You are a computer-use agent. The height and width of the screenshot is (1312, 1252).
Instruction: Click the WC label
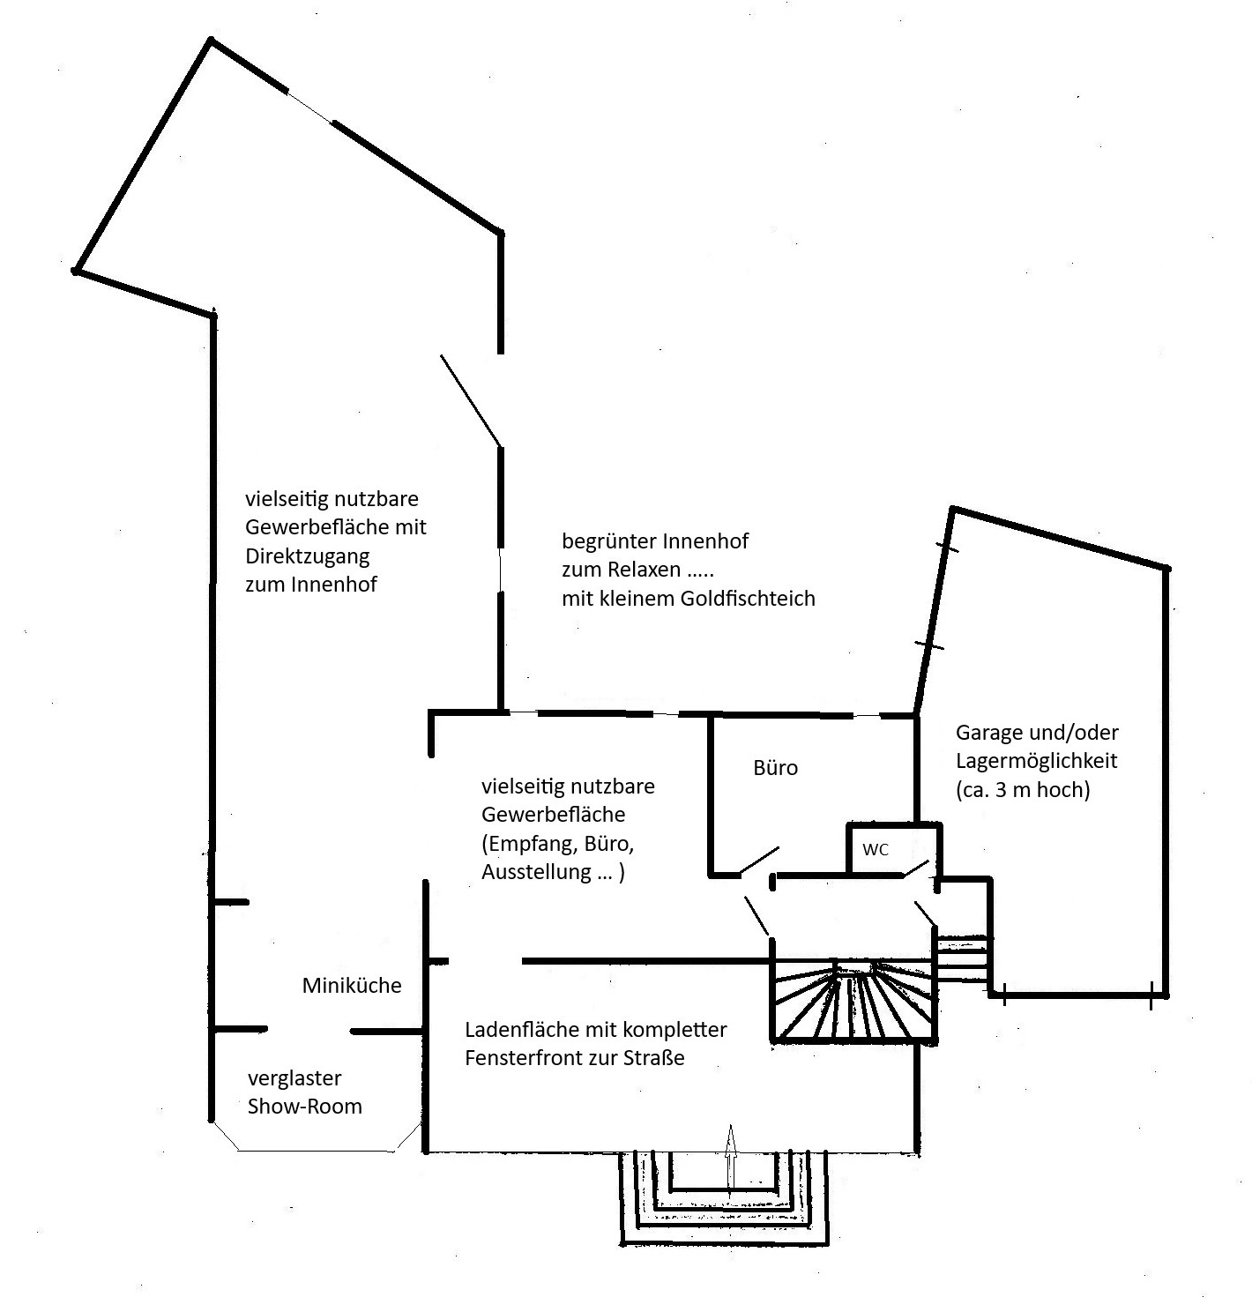point(875,850)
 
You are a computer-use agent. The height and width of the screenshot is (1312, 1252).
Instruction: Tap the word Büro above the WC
point(775,768)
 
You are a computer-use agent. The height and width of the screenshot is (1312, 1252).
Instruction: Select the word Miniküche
point(352,986)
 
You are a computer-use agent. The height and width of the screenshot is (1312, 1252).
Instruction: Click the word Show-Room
point(304,1107)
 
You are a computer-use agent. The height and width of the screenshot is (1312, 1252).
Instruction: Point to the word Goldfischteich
point(748,599)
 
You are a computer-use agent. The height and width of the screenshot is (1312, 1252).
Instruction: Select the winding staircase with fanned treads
point(853,1002)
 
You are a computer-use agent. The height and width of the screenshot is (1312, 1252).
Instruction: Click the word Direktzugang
point(307,556)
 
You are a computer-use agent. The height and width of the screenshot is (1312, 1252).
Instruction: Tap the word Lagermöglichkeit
point(1036,761)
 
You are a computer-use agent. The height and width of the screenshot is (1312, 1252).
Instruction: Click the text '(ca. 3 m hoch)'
point(1023,790)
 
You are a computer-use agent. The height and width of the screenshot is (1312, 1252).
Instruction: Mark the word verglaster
point(294,1078)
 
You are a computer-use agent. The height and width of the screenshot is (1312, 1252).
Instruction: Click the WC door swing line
point(917,868)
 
